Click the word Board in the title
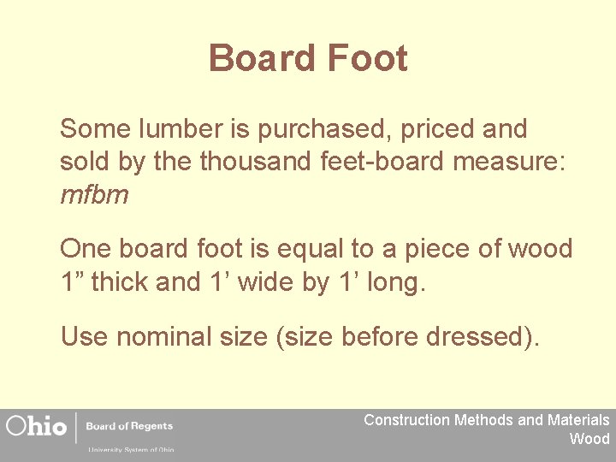[x=261, y=59]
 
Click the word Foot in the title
[x=365, y=59]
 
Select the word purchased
[x=328, y=130]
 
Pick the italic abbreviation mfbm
[x=94, y=195]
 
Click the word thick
[x=119, y=281]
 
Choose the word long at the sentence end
[x=393, y=282]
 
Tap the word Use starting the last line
[x=84, y=336]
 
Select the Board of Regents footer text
[x=129, y=426]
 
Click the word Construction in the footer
[x=406, y=420]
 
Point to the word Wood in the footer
[x=589, y=439]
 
